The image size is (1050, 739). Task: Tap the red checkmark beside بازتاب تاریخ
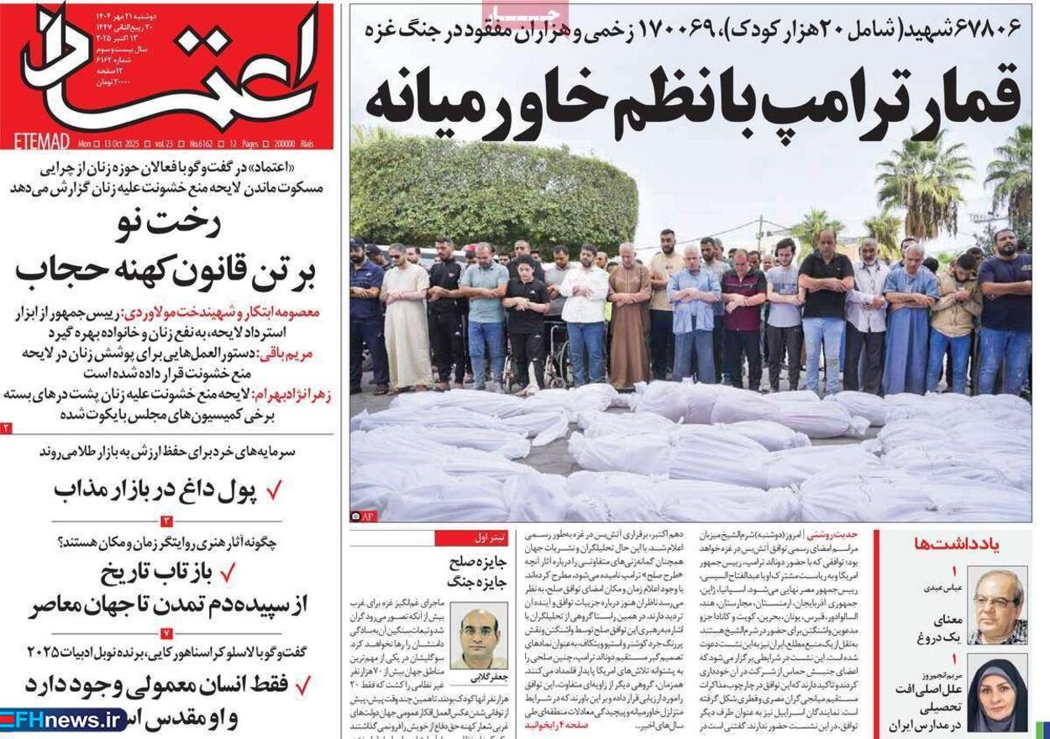[227, 574]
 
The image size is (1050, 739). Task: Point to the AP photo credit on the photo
[366, 515]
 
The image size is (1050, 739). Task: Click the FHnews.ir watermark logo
[63, 720]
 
